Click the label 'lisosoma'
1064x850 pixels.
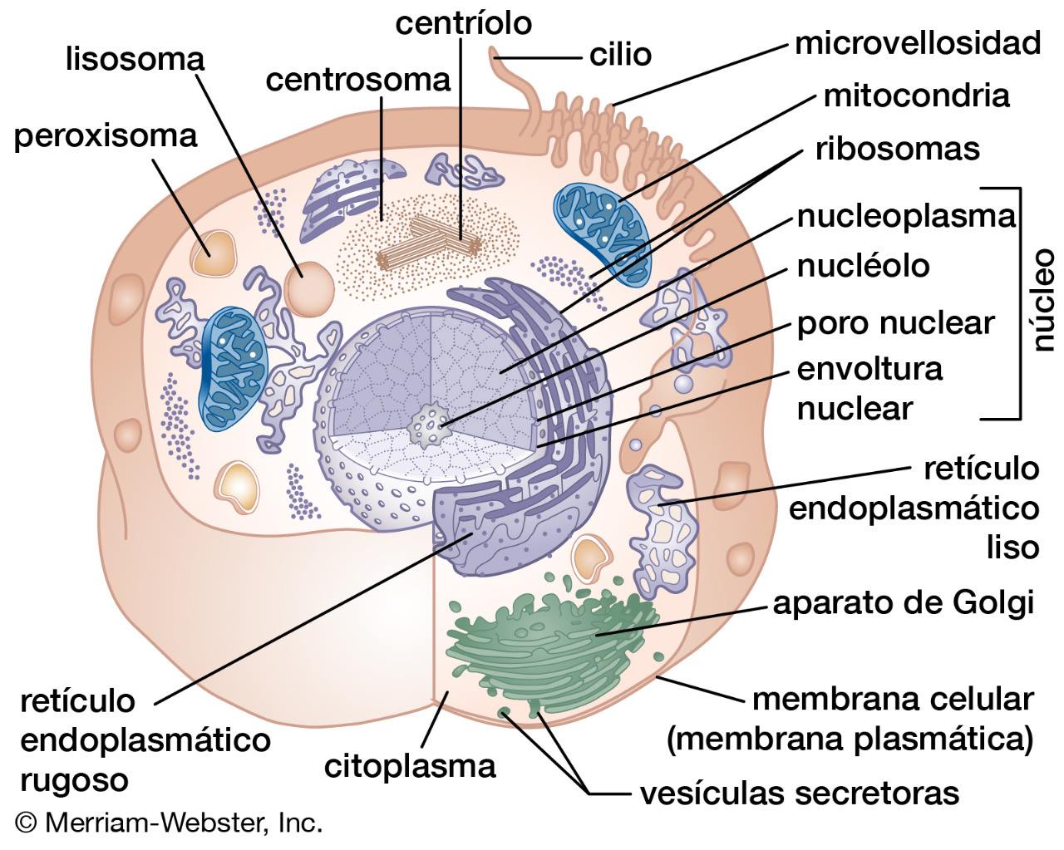coord(135,61)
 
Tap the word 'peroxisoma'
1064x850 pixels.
coord(106,137)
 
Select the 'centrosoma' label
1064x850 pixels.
coord(358,81)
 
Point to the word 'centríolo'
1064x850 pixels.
coord(463,23)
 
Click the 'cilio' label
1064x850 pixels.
coord(620,54)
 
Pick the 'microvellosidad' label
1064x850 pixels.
coord(918,43)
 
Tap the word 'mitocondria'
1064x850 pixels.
coord(916,96)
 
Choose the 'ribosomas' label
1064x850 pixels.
coord(898,149)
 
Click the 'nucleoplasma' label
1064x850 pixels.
coord(906,218)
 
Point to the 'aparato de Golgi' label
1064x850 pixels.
coord(904,604)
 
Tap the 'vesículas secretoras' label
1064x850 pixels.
coord(800,793)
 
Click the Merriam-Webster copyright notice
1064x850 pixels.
coord(169,823)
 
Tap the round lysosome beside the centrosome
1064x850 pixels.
coord(309,289)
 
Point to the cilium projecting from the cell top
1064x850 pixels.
coord(520,94)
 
